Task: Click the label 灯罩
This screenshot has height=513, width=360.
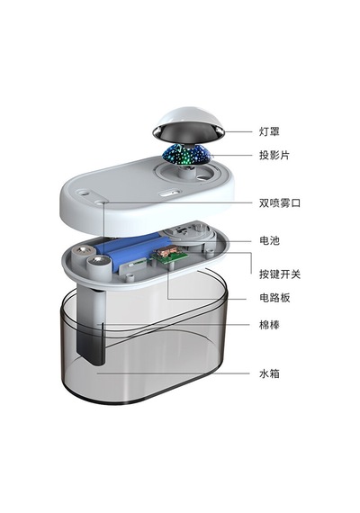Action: (269, 131)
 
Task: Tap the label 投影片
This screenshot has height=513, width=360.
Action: (274, 155)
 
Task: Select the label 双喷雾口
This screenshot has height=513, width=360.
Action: (280, 202)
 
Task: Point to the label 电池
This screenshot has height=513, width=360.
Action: (269, 241)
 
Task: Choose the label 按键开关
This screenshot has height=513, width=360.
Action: (280, 274)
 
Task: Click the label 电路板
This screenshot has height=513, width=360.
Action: (274, 298)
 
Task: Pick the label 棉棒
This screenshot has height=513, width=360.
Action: (269, 325)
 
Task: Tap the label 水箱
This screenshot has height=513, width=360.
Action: (269, 373)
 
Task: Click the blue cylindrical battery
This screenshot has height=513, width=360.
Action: (138, 249)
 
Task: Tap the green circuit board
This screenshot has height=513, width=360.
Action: (169, 258)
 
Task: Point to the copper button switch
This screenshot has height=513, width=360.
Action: (166, 252)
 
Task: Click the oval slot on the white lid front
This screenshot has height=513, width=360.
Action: (169, 193)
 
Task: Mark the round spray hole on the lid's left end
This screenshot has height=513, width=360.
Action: (83, 192)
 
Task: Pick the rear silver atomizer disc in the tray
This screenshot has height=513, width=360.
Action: (84, 251)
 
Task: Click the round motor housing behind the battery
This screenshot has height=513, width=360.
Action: (190, 233)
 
